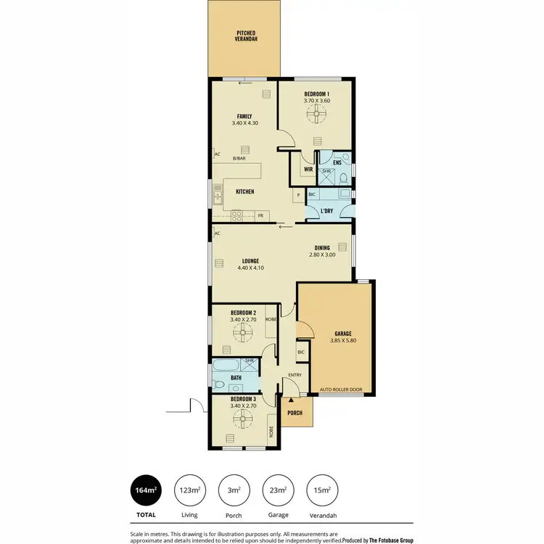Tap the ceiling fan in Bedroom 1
316,113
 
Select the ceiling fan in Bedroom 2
241,331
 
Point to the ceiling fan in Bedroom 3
241,417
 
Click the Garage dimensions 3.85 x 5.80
343,340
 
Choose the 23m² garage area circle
279,491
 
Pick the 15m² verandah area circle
322,491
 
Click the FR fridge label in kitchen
260,215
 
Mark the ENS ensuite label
337,162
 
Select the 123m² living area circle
191,491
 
